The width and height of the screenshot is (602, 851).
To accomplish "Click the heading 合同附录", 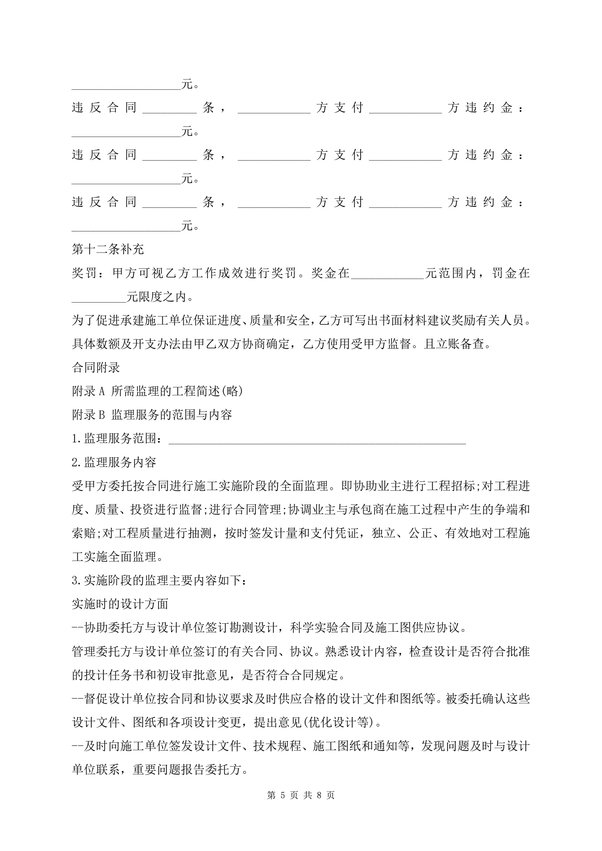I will pos(96,367).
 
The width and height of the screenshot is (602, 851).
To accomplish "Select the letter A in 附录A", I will pos(102,391).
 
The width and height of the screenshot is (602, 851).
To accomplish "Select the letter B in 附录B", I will pos(102,415).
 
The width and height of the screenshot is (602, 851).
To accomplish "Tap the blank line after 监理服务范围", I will pos(317,439).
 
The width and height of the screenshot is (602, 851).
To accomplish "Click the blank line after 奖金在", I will pos(388,274).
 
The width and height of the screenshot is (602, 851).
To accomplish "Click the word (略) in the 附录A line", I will pos(232,391).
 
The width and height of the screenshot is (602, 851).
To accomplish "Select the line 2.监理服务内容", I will pos(114,462).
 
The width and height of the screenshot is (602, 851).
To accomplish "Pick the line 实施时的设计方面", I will pos(120,604).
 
